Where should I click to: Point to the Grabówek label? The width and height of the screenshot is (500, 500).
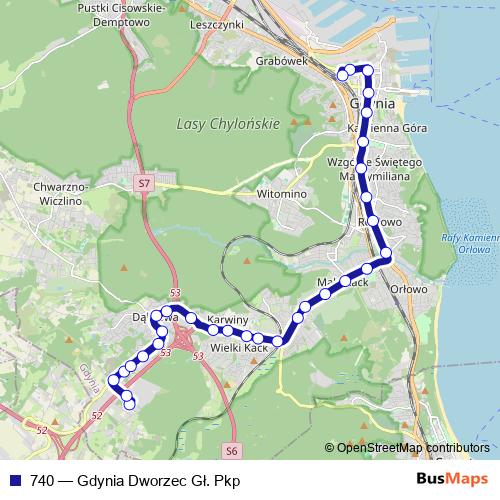tap(280, 60)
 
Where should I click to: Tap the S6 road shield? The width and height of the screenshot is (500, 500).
tap(232, 452)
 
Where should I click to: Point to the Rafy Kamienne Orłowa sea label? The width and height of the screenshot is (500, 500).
tap(470, 244)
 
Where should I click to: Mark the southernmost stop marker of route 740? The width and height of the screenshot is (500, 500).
tap(128, 404)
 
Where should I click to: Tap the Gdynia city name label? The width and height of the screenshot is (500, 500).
tap(373, 104)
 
